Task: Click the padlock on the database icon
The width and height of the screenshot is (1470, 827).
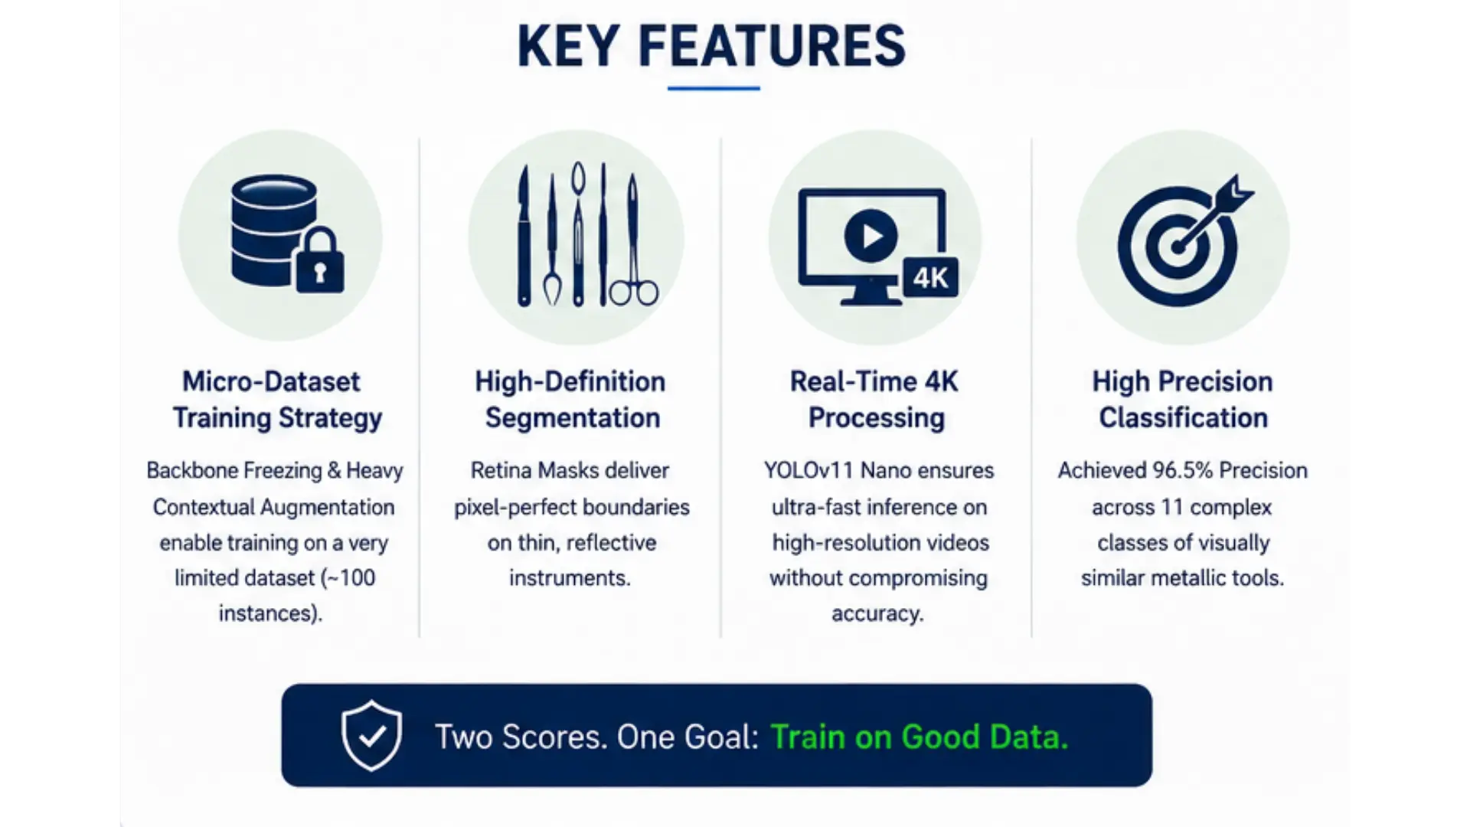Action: [x=319, y=260]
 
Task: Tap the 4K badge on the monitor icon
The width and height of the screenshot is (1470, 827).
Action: [x=930, y=277]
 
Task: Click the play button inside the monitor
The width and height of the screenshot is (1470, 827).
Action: [x=871, y=236]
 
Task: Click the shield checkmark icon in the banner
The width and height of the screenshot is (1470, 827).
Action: [x=371, y=735]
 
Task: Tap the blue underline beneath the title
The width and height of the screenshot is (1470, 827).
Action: [x=714, y=89]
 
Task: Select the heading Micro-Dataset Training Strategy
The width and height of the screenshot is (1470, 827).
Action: [x=276, y=400]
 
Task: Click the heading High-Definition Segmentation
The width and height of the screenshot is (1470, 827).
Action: [x=571, y=400]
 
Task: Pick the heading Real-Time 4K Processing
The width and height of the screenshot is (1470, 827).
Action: [x=875, y=400]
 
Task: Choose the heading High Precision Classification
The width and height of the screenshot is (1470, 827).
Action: [x=1183, y=400]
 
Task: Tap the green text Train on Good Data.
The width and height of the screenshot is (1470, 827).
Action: [x=919, y=737]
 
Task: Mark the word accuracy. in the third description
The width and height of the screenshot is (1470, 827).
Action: [x=877, y=614]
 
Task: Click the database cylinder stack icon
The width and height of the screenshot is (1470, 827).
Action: [x=273, y=230]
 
